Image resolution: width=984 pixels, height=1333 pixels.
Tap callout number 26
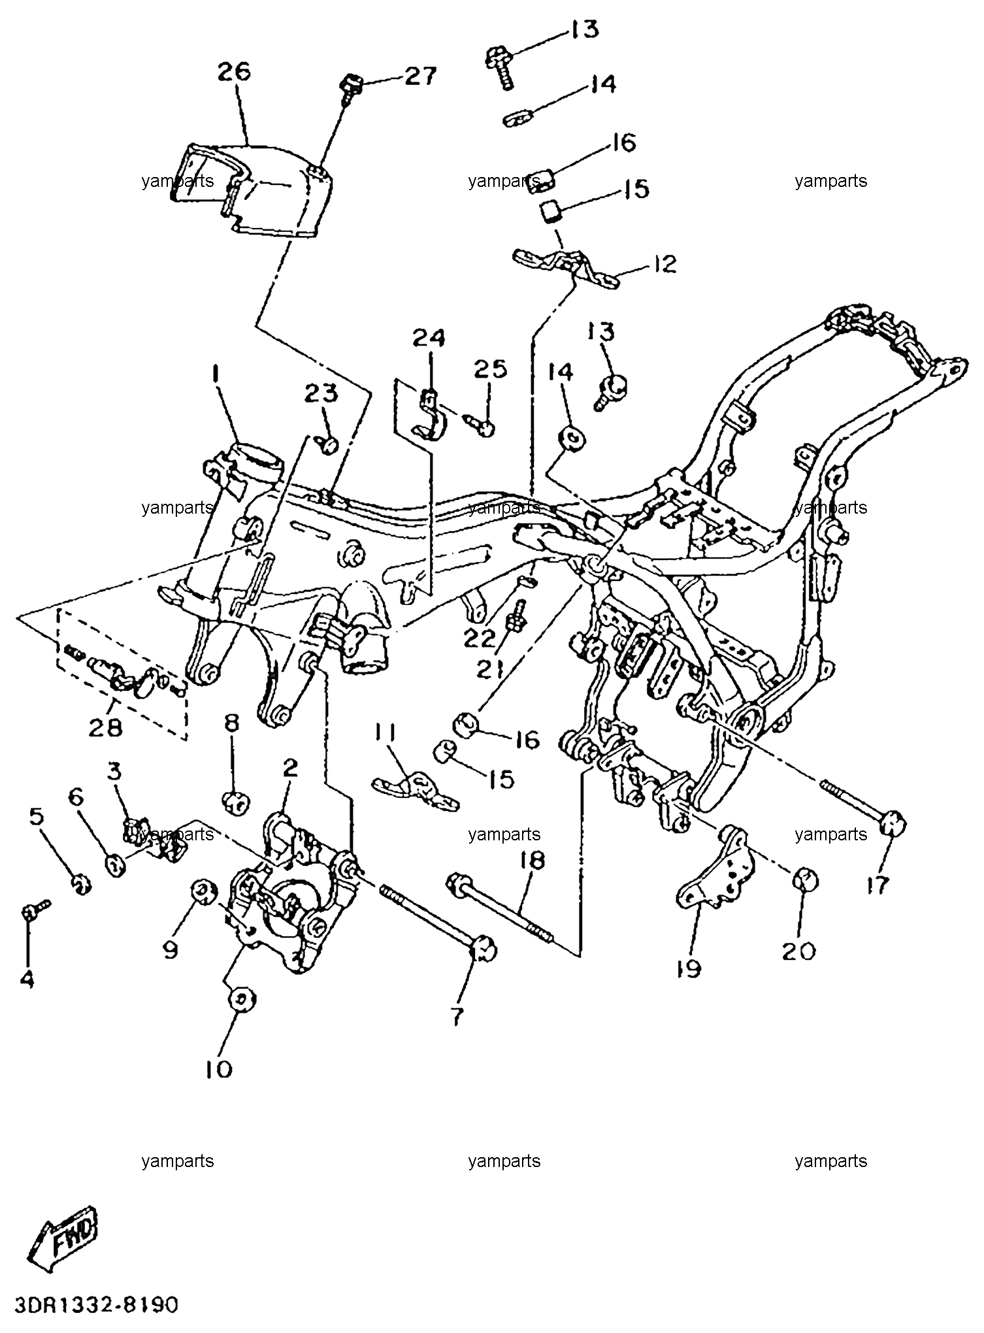(234, 71)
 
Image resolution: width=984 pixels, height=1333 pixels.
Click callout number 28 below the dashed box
(106, 727)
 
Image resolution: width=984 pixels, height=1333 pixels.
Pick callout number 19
(689, 968)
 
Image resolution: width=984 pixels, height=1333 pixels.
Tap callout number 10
(219, 1069)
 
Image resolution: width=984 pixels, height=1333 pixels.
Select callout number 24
(429, 338)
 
